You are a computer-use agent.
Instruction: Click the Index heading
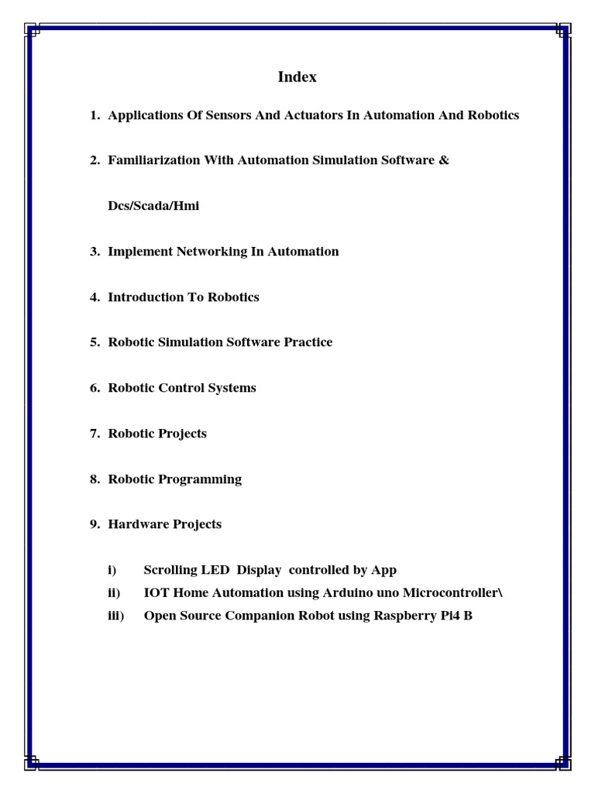tap(297, 77)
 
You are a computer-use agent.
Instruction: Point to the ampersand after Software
tap(444, 160)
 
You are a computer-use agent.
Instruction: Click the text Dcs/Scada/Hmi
tap(153, 206)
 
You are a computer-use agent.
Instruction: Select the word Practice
tap(308, 342)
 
